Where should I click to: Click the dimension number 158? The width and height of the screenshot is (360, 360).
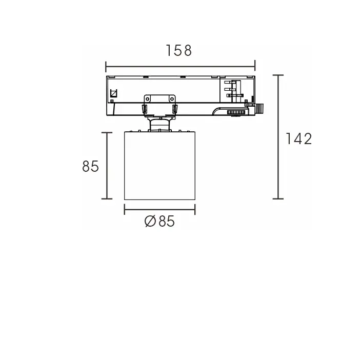179,51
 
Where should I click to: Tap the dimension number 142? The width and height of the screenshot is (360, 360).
299,138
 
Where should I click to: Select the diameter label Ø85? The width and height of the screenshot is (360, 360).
159,222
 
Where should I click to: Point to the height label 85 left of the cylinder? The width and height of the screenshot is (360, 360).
90,166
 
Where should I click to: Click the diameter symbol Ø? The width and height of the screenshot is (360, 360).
150,222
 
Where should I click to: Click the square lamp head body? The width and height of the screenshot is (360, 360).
159,165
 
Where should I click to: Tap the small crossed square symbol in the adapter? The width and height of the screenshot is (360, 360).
114,94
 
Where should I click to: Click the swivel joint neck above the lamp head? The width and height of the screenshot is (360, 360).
159,124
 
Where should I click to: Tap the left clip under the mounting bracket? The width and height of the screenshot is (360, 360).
145,109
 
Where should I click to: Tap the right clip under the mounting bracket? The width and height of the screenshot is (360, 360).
174,109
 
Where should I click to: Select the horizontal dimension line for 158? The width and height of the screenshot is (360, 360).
180,66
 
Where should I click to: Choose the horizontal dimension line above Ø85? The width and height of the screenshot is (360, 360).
159,209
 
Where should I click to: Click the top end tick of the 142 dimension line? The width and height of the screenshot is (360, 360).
278,75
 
